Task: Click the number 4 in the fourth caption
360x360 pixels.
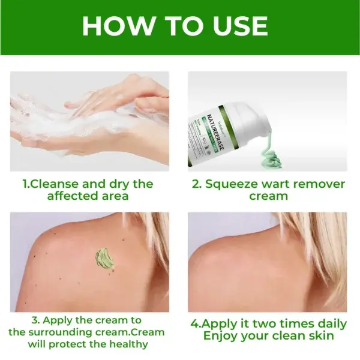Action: click(194, 324)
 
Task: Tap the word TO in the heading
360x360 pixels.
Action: click(176, 26)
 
